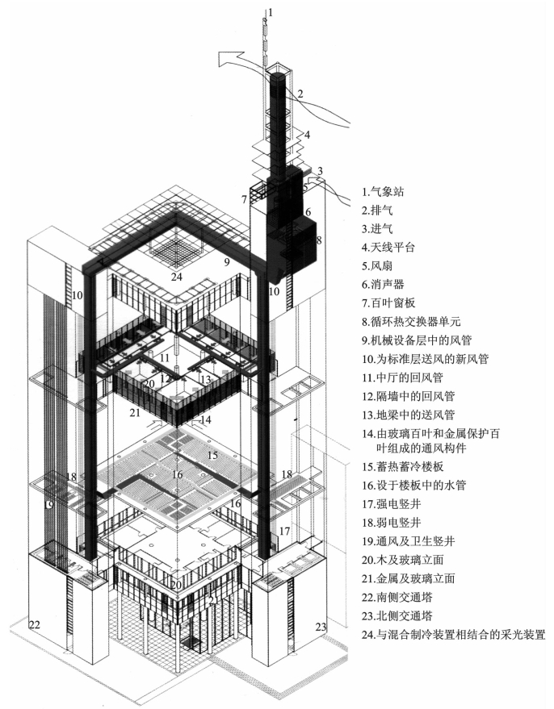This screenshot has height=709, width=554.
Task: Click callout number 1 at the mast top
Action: pos(271,11)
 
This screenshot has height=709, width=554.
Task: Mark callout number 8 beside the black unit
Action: pos(320,240)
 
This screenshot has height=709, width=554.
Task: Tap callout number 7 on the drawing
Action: pos(243,198)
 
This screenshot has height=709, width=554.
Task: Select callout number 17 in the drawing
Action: pos(284,531)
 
